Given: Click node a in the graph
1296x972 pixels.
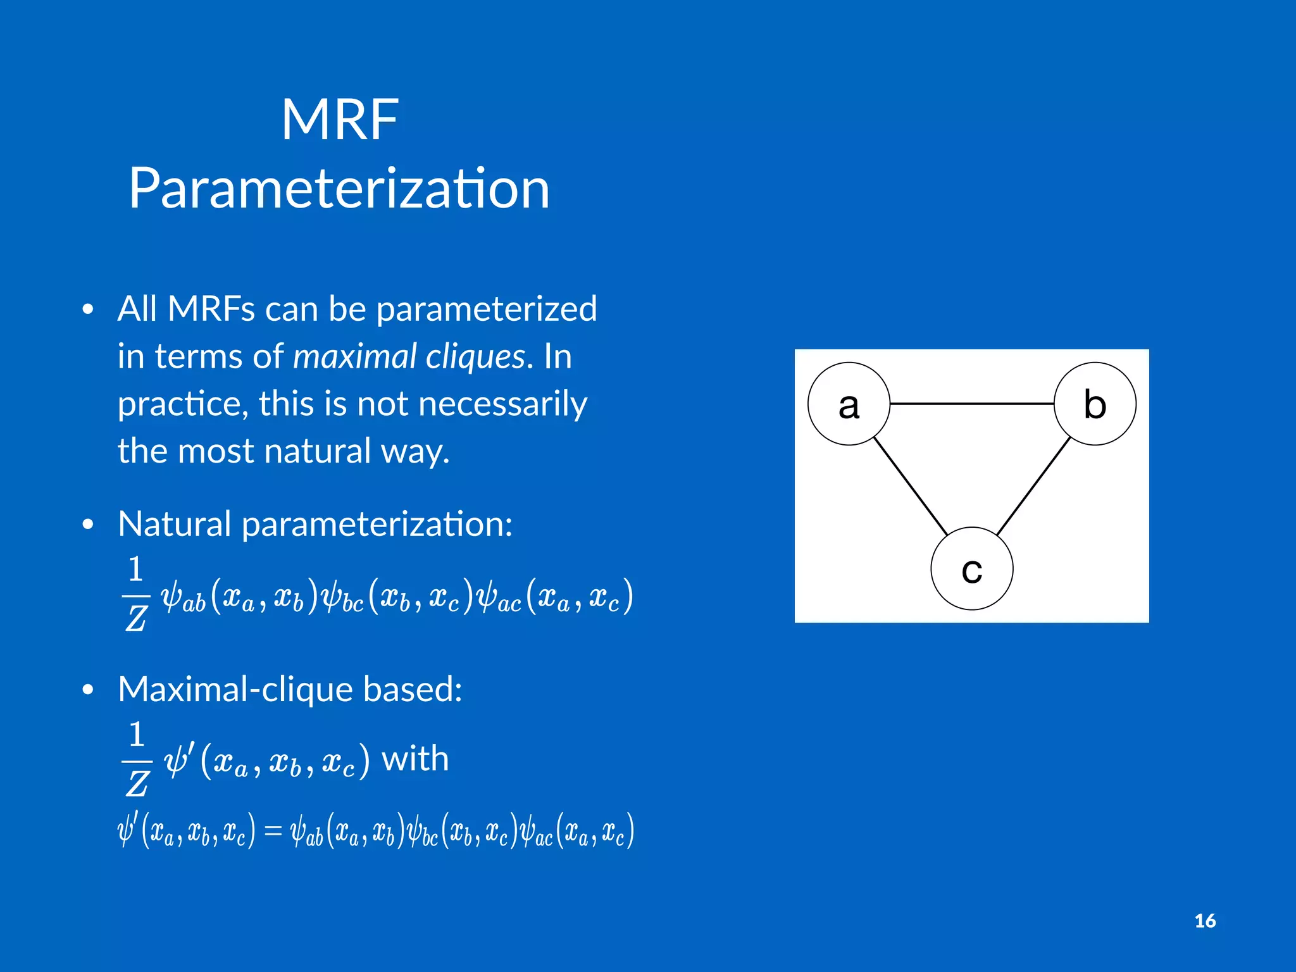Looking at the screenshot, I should [x=849, y=404].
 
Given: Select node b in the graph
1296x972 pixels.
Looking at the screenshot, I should [x=1095, y=404].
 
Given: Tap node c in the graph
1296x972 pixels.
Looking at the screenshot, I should [x=971, y=568].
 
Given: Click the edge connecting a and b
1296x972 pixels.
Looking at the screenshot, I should [x=971, y=403].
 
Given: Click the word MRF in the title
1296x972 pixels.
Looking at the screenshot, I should [x=340, y=120].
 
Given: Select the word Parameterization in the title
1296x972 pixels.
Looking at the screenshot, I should [x=339, y=189].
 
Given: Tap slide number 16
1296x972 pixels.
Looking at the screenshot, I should [x=1205, y=921].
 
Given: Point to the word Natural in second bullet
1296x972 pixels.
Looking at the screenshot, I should [x=175, y=524].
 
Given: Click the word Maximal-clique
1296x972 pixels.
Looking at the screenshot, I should [x=235, y=688].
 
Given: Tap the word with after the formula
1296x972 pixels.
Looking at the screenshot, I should [x=415, y=758].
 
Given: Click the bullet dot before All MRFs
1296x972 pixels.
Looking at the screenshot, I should [x=88, y=309].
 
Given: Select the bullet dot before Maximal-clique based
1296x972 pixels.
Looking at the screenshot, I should [x=88, y=690].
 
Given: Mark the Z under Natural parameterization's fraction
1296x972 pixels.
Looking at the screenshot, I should [x=136, y=618].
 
